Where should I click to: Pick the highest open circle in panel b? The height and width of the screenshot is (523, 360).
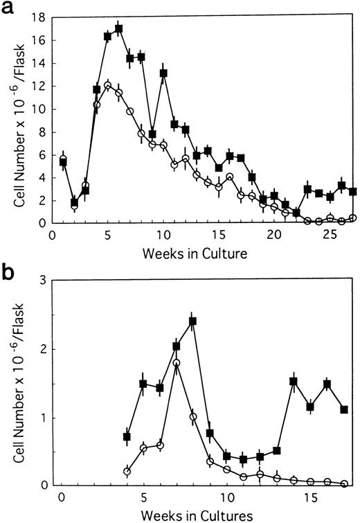point(177,362)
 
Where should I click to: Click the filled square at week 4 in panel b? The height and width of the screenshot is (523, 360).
point(127,436)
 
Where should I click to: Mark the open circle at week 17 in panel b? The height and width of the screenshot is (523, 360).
point(344,484)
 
